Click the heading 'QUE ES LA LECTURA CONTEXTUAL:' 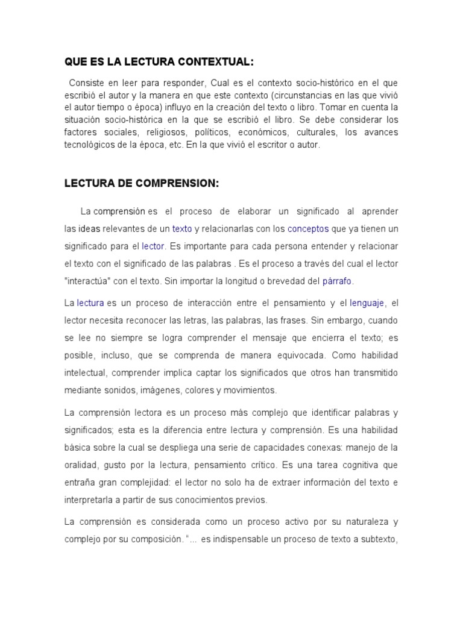click(x=159, y=62)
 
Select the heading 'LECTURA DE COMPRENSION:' click(x=142, y=184)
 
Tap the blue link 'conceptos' click(x=308, y=229)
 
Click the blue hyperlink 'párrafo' click(x=337, y=281)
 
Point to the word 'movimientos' click(x=248, y=390)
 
